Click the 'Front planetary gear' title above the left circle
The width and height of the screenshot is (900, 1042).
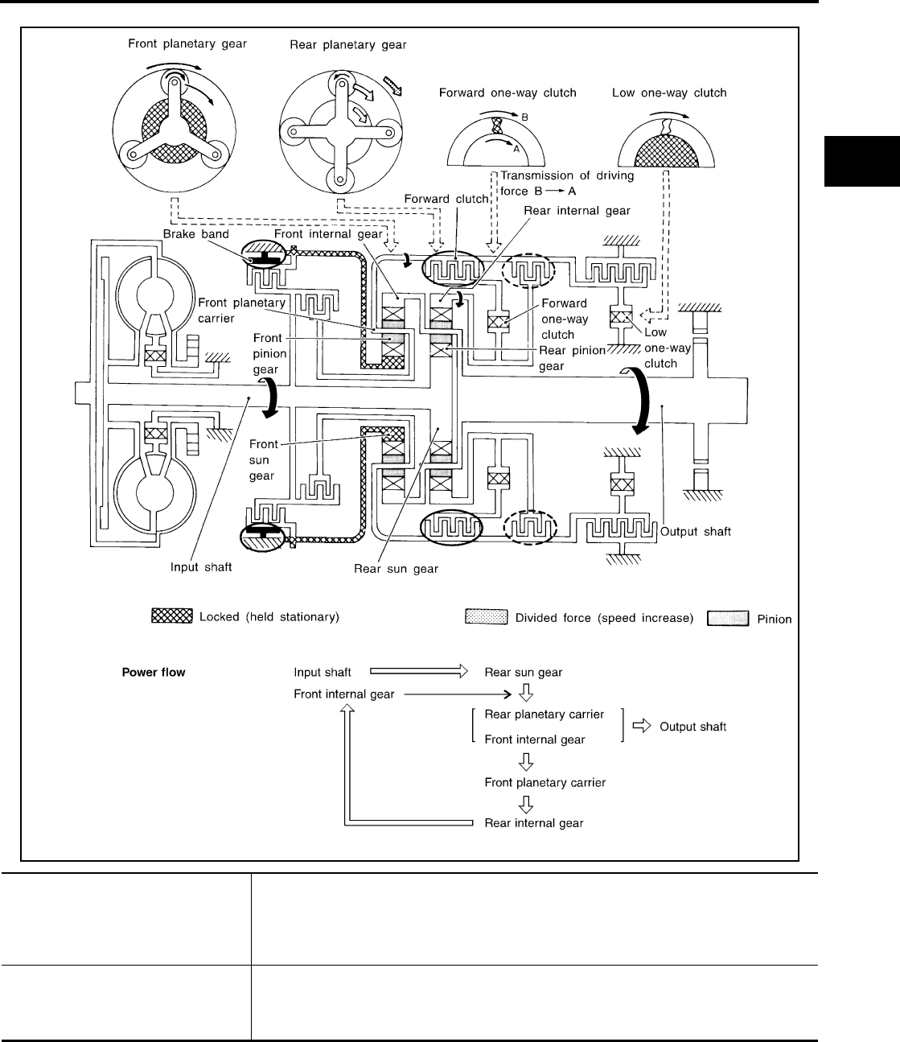(187, 44)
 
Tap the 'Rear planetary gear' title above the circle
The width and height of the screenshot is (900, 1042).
(347, 45)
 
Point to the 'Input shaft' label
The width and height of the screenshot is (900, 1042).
(201, 567)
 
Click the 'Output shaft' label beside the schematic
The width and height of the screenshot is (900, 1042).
(695, 532)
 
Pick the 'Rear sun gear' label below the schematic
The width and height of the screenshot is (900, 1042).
(397, 569)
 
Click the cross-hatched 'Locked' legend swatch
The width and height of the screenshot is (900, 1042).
(172, 616)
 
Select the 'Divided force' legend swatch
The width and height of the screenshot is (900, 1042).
(486, 617)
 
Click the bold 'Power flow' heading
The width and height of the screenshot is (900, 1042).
(153, 672)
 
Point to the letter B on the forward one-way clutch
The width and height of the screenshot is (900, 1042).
(524, 117)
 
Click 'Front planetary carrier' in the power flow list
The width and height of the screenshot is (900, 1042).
(545, 782)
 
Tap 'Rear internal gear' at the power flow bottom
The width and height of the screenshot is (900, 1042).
(534, 823)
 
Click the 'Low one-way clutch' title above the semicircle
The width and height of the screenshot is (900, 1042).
(669, 93)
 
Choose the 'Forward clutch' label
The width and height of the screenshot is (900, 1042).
(446, 199)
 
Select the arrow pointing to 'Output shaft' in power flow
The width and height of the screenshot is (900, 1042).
(641, 725)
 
